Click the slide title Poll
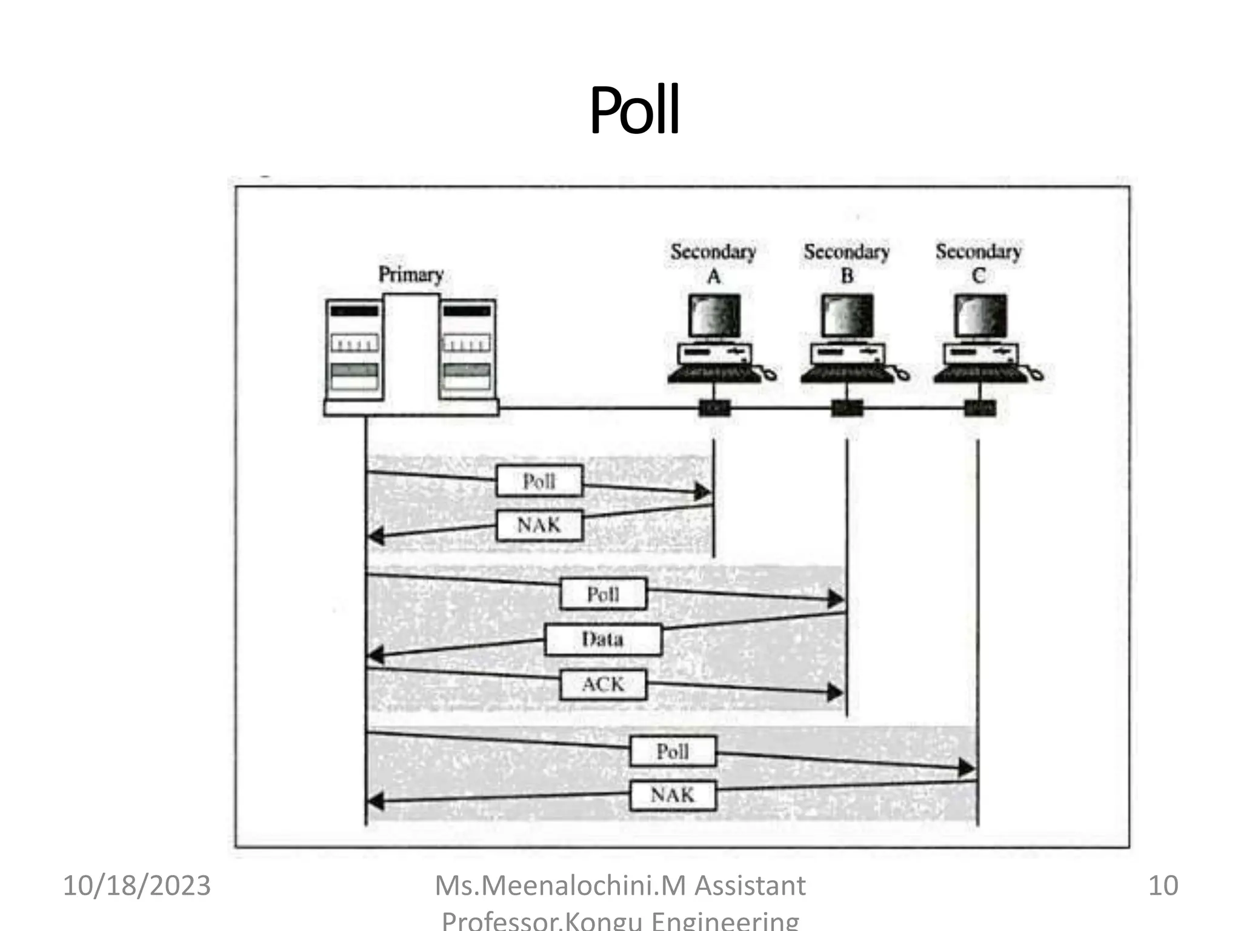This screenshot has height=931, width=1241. [634, 111]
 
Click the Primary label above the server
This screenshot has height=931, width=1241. [411, 275]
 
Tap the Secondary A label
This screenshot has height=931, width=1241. [713, 263]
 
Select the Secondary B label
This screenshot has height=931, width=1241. [847, 263]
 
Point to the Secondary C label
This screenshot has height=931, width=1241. [978, 263]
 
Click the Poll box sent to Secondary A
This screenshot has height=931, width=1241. [539, 481]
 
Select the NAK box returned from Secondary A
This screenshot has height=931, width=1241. [539, 525]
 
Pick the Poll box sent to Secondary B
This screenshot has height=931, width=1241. [603, 594]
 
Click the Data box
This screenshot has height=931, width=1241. [602, 639]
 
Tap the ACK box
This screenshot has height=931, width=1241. [603, 684]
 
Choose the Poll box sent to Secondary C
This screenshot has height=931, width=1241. [673, 752]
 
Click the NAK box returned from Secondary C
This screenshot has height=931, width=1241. [673, 795]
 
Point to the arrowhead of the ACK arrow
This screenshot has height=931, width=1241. [835, 692]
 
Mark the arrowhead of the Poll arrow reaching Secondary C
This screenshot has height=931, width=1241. [967, 769]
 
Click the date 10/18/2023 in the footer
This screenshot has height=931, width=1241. [137, 886]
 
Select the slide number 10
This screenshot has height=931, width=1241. [1163, 886]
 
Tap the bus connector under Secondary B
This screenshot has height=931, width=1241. [847, 408]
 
